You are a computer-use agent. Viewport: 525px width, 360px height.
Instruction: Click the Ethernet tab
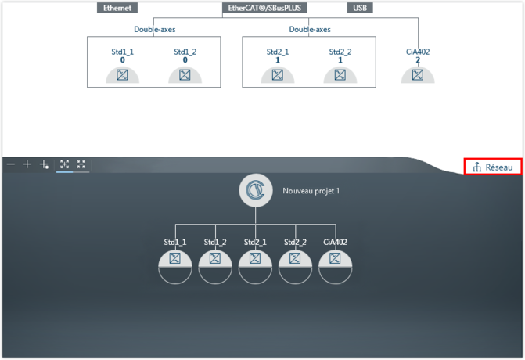[x=117, y=8]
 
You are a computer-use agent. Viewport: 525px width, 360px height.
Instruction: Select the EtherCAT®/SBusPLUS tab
[x=264, y=8]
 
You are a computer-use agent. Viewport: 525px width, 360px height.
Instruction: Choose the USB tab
[x=360, y=8]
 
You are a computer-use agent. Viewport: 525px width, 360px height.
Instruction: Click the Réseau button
[x=493, y=167]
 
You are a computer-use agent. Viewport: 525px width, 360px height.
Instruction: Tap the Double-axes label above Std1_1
[x=154, y=30]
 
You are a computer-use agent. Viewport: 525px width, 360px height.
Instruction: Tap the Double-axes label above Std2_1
[x=309, y=30]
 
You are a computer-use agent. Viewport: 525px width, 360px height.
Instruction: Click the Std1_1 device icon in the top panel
[x=122, y=75]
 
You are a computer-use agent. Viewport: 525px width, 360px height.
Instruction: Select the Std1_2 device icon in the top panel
[x=185, y=75]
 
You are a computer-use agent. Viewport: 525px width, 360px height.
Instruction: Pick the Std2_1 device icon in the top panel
[x=277, y=75]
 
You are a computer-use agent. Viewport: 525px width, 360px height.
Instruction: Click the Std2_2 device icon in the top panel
[x=340, y=75]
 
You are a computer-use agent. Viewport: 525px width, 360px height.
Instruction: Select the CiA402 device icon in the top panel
[x=418, y=75]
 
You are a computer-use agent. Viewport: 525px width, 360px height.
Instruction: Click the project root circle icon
[x=255, y=190]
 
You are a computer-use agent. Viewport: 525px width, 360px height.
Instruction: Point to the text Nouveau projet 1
[x=311, y=191]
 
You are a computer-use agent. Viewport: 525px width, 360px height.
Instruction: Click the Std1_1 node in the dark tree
[x=175, y=258]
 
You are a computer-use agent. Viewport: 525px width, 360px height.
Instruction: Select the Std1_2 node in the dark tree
[x=215, y=258]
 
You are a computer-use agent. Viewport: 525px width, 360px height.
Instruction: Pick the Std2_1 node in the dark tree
[x=255, y=258]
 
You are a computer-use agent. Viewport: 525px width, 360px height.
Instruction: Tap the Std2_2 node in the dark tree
[x=295, y=258]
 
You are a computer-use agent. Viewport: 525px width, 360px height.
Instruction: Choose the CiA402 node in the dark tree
[x=335, y=258]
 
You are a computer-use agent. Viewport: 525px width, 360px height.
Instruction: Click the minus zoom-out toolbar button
[x=11, y=164]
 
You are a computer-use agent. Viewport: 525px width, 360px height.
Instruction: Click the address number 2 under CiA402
[x=418, y=60]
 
